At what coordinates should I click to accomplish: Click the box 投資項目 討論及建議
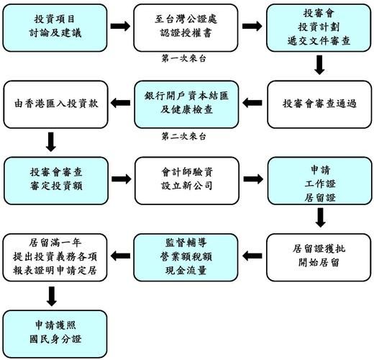click(x=55, y=26)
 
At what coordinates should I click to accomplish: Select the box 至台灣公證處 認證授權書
click(x=187, y=26)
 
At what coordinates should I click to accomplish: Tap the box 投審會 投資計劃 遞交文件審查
click(x=319, y=26)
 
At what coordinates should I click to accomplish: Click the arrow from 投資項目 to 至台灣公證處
click(x=121, y=26)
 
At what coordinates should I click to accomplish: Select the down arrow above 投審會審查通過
click(x=319, y=66)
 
